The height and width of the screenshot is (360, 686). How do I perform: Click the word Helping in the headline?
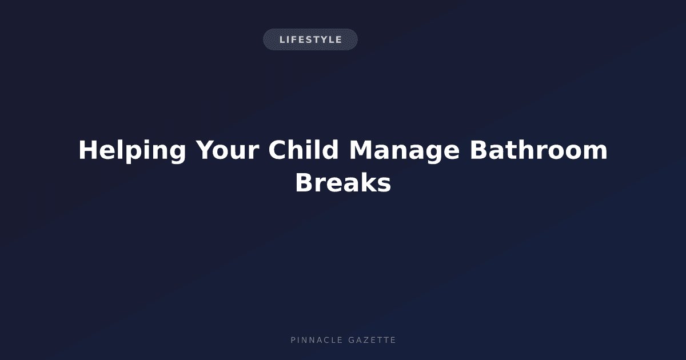(132, 151)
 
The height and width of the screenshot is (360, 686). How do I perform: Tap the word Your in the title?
(228, 150)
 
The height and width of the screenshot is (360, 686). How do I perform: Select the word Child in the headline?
(303, 149)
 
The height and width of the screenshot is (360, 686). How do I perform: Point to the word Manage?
(404, 151)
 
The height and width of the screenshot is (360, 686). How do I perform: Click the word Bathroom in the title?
(539, 149)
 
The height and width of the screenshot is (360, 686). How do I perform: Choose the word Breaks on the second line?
(343, 182)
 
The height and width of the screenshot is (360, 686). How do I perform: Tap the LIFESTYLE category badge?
(310, 39)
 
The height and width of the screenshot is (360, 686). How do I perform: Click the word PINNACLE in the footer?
(316, 340)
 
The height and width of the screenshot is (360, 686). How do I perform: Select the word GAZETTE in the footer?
(372, 340)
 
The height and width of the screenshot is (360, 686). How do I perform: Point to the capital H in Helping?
(87, 150)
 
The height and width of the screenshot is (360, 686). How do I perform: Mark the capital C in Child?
(277, 150)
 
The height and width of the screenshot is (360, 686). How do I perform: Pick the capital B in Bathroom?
(478, 150)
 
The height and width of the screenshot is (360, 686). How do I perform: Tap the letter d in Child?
(331, 149)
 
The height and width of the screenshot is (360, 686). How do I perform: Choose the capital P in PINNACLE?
(293, 340)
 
